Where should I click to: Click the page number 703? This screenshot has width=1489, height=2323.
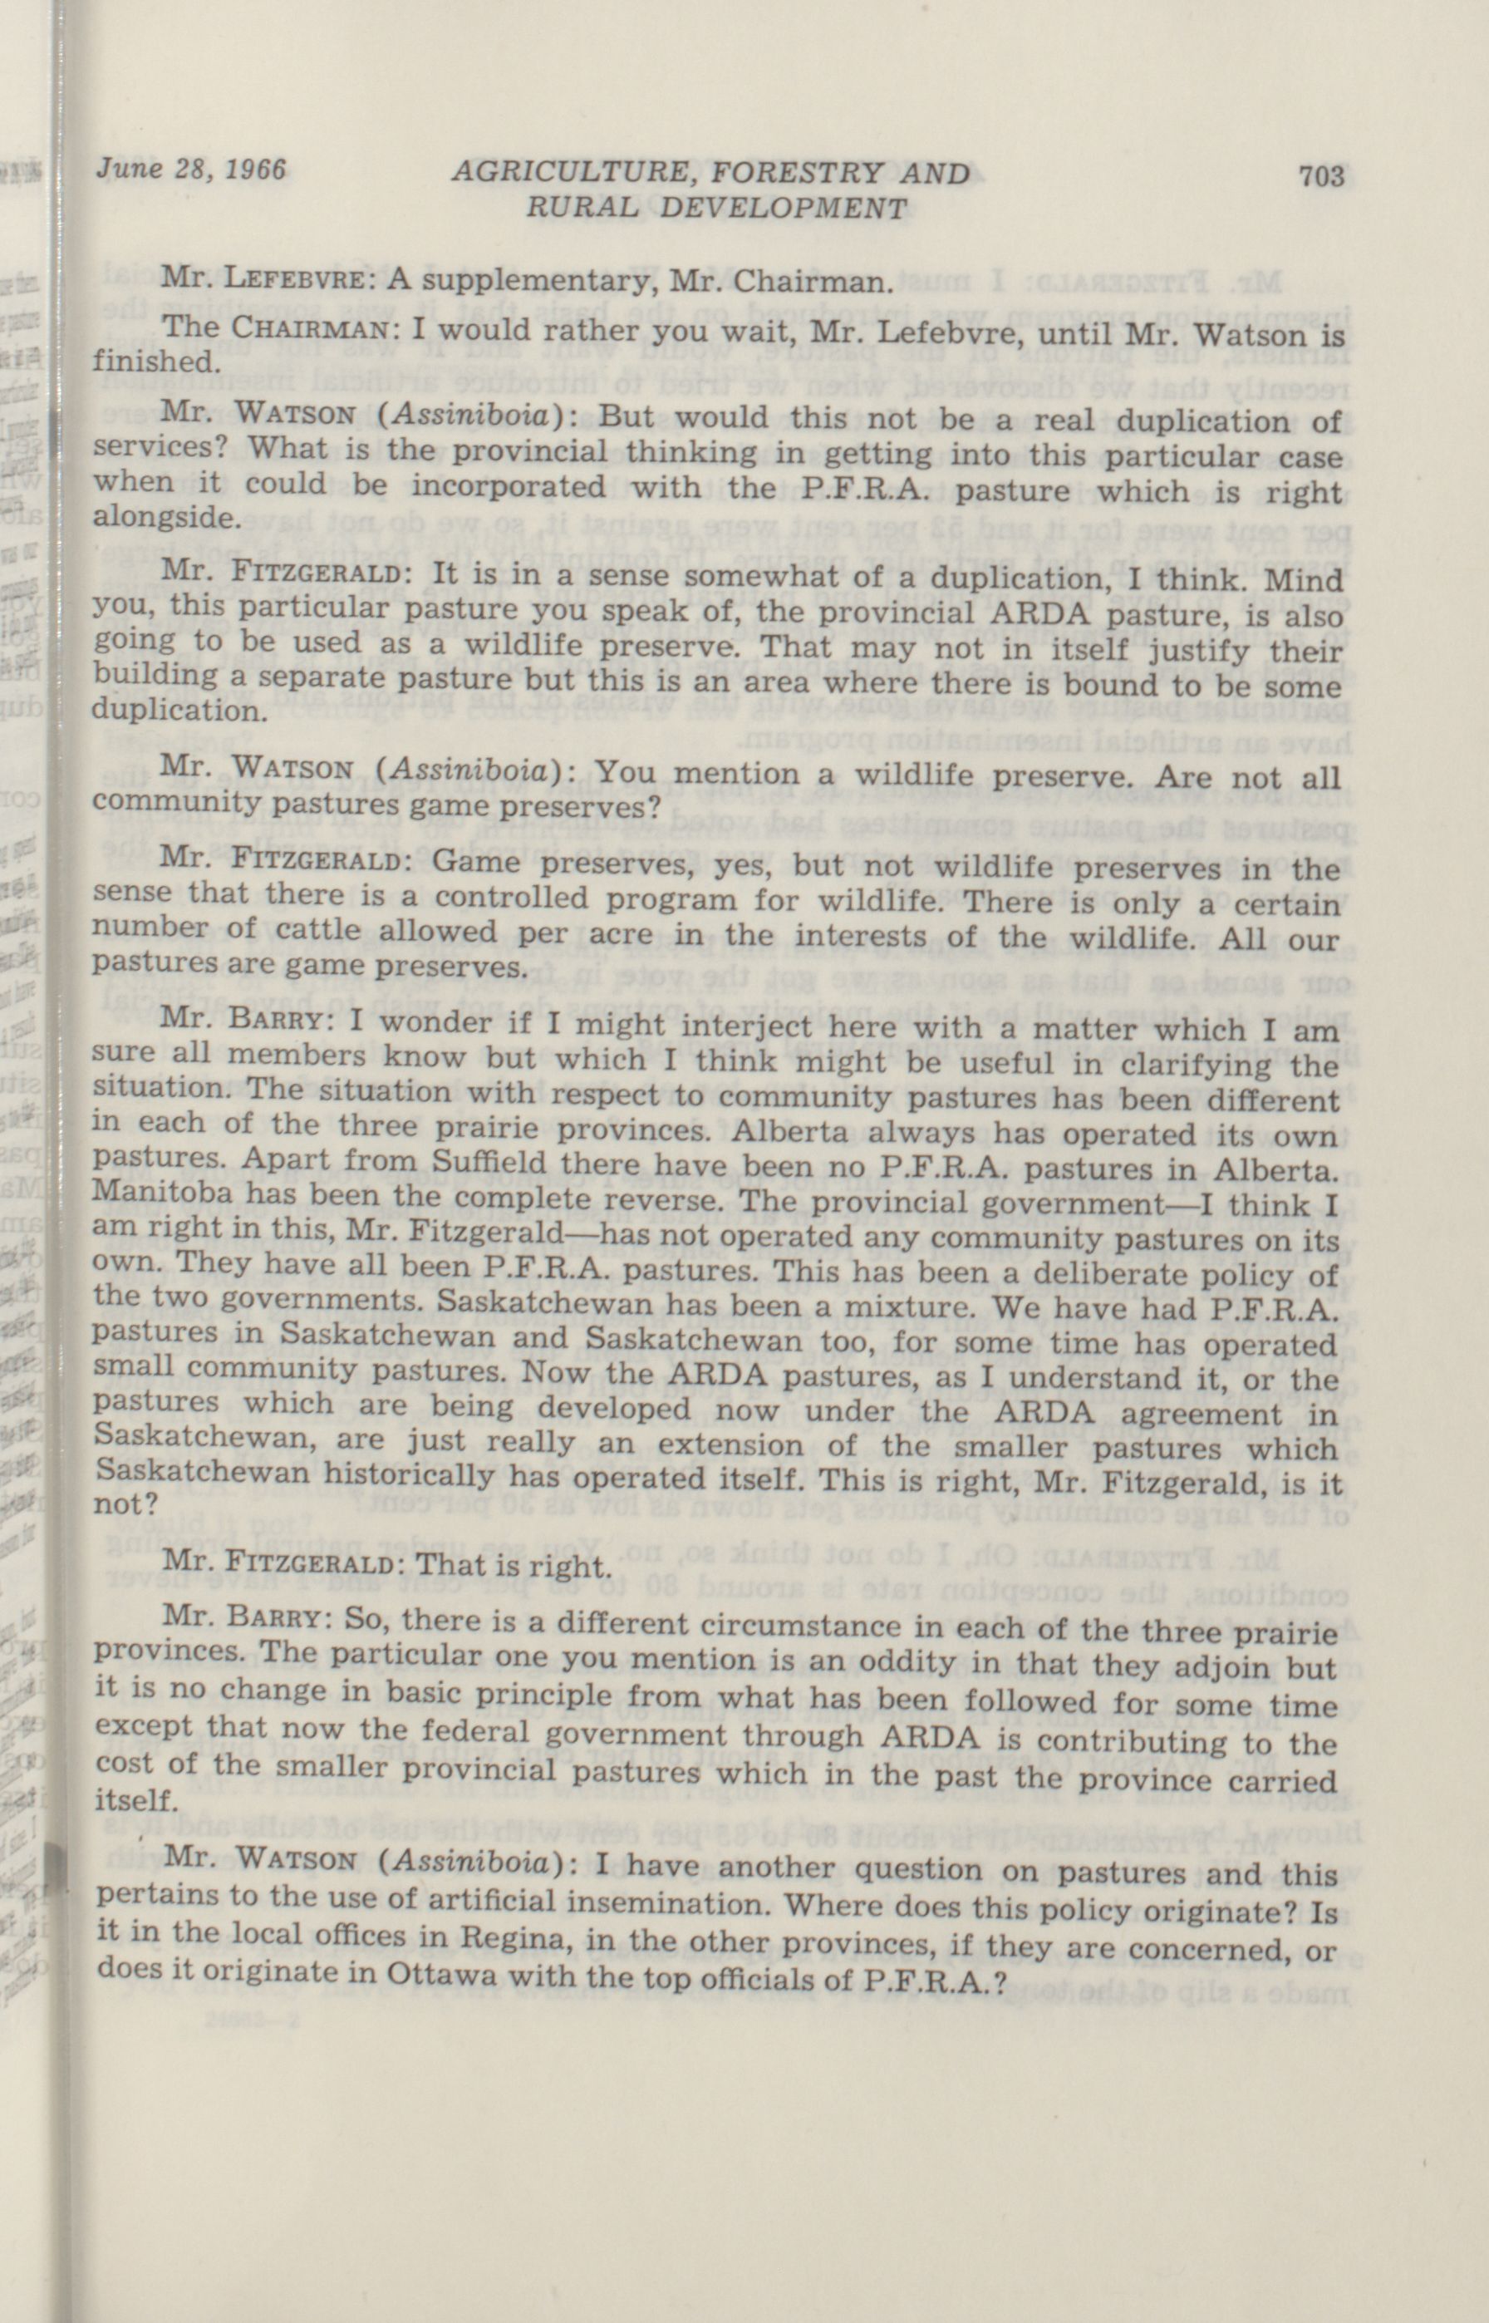pos(1321,176)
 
